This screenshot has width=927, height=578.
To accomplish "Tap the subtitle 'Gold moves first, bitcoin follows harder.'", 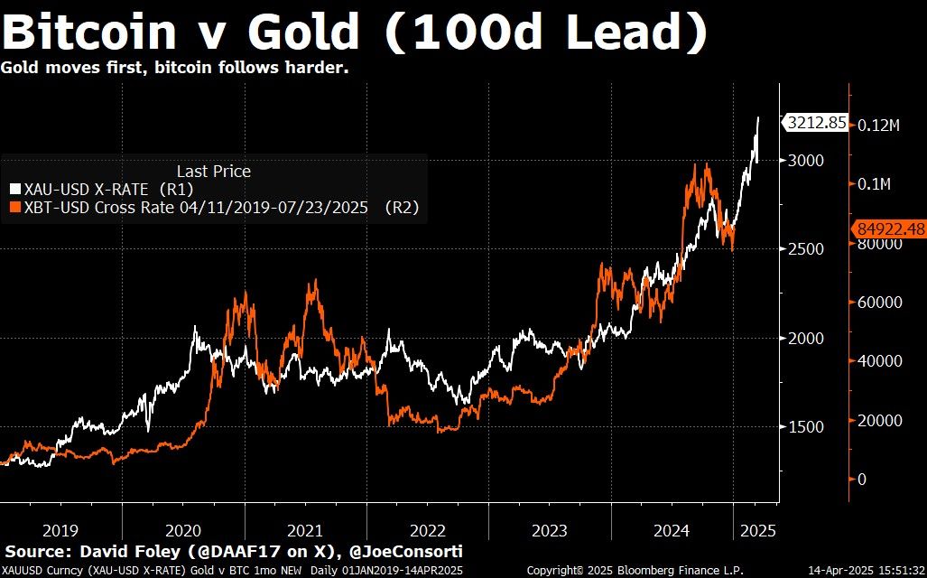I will (x=174, y=69).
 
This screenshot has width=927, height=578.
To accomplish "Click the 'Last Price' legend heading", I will (x=213, y=171).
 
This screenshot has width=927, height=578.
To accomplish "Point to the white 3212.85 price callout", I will (x=815, y=123).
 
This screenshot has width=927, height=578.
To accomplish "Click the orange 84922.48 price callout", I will (x=890, y=229).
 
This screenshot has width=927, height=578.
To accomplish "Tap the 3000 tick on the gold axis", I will (x=806, y=160).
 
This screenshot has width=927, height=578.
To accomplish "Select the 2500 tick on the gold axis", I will (x=806, y=248).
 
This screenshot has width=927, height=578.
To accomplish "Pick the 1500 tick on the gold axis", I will (x=806, y=426).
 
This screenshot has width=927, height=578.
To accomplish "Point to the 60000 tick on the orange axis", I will (x=880, y=302).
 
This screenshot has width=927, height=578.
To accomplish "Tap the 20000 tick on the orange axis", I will (x=880, y=420).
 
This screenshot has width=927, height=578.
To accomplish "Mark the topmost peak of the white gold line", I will (x=758, y=117).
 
